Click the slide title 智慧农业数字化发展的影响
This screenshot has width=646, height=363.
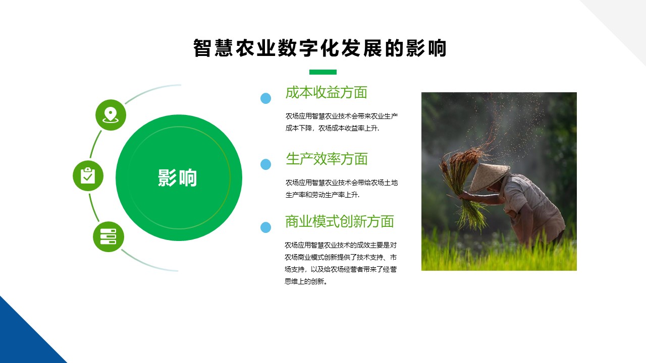tap(320, 48)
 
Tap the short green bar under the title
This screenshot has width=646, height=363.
tap(322, 72)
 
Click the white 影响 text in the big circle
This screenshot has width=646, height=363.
tap(177, 178)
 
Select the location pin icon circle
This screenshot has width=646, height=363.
tap(111, 115)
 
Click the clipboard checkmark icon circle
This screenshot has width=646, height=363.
tap(88, 176)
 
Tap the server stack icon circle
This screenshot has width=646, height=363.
tap(109, 236)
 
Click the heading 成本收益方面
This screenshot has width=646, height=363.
tap(326, 92)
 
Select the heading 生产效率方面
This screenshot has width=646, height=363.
tap(327, 159)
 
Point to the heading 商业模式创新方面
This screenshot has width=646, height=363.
tap(340, 221)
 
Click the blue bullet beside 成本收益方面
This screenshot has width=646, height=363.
tap(265, 98)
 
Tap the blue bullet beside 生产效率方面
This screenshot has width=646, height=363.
tap(265, 164)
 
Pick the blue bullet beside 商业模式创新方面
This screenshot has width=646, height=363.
tap(265, 227)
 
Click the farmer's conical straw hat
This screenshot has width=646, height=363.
tap(489, 177)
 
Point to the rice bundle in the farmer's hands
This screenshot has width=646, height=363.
tap(464, 187)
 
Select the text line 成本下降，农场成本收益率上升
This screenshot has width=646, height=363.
tap(332, 128)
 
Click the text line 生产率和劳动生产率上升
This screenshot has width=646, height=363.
tap(322, 195)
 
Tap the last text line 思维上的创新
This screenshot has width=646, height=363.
tap(306, 281)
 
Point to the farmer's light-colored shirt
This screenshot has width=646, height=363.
tap(530, 207)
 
